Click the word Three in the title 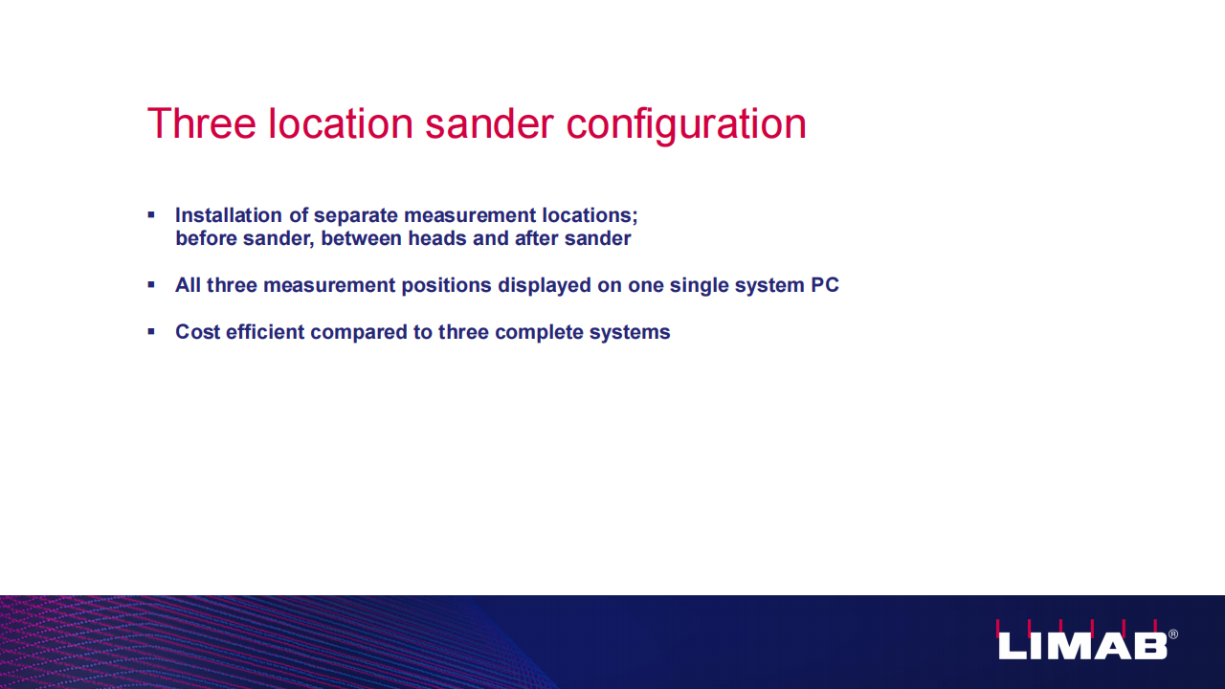click(201, 123)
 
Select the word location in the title click(340, 123)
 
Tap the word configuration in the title click(686, 126)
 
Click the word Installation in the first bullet click(229, 215)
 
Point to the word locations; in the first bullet click(590, 215)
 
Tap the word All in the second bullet click(189, 285)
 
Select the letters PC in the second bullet click(825, 285)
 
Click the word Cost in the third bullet click(197, 332)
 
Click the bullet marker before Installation click(151, 215)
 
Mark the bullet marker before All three click(151, 285)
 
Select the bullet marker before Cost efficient click(151, 331)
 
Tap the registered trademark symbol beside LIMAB click(1173, 634)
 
